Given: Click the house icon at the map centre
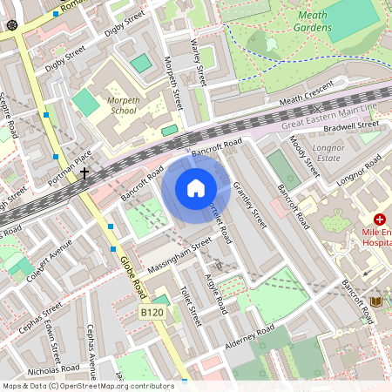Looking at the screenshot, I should [x=196, y=187].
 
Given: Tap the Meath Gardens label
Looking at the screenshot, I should [x=314, y=21].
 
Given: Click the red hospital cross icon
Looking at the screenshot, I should [x=380, y=220].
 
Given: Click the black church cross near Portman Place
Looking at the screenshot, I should [x=84, y=174].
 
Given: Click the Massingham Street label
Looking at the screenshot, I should [x=179, y=255].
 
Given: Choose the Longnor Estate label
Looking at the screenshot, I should [x=328, y=154].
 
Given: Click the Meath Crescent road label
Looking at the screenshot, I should [x=307, y=97].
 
